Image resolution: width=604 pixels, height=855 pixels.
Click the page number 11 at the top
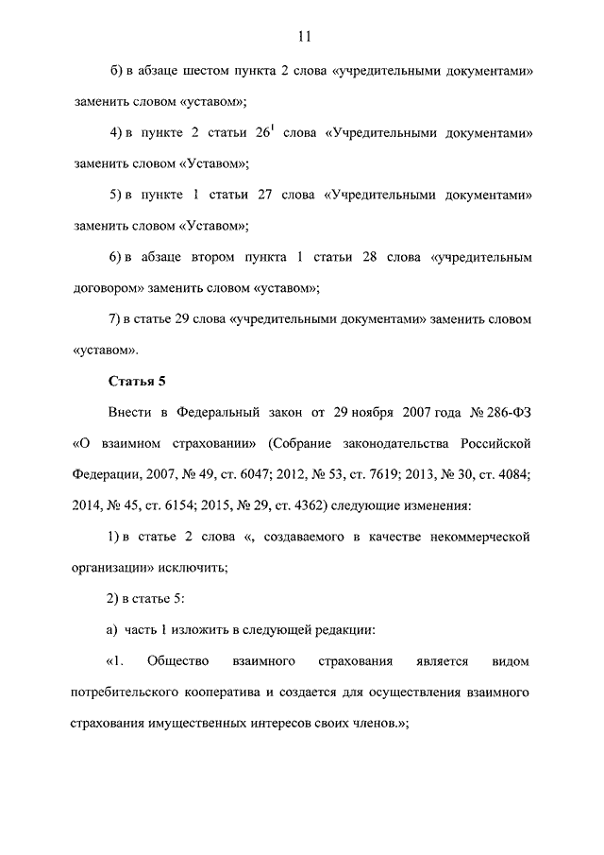pos(302,37)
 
